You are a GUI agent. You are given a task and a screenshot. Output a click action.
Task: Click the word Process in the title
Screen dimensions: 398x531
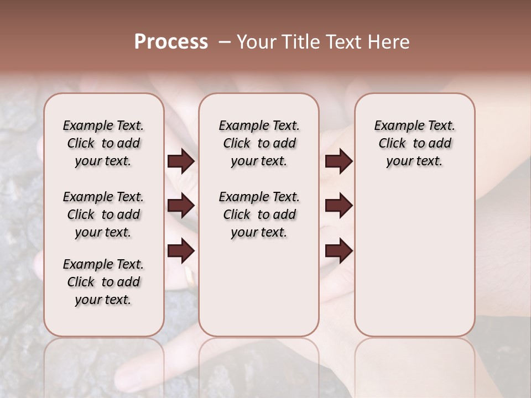171,42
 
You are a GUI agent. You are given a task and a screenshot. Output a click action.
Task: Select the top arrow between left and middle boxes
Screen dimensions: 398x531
181,161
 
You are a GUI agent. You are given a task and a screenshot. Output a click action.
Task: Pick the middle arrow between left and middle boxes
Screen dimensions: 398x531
181,206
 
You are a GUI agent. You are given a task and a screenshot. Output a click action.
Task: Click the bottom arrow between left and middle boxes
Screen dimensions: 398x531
181,251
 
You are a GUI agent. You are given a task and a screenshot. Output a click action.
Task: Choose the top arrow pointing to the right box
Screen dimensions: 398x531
339,161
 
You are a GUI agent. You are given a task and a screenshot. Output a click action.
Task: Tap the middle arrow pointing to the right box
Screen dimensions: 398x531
339,206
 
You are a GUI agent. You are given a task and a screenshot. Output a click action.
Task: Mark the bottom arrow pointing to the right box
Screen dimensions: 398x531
339,251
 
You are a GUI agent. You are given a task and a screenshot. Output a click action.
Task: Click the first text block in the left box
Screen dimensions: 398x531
103,143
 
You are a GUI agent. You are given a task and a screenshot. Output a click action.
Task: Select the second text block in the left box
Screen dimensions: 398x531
103,214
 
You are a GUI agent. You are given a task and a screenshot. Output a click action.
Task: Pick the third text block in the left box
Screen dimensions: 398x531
103,282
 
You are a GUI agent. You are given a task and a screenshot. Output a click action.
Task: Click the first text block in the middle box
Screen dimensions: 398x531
259,143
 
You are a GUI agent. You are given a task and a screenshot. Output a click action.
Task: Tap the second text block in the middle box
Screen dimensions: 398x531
259,214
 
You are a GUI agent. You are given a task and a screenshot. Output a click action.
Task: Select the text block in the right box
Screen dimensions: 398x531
414,143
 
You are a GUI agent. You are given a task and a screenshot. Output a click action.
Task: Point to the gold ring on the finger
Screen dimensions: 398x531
190,276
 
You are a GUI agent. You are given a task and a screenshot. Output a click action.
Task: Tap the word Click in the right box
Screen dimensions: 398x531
392,144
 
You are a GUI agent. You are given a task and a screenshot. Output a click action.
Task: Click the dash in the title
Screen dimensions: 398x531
225,42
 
